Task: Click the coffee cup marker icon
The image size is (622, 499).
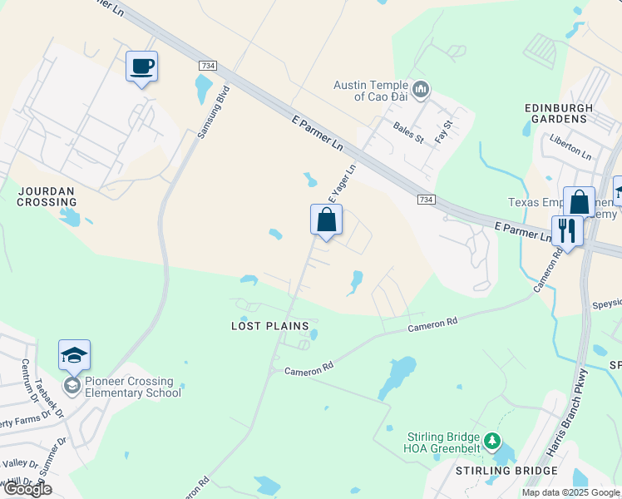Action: click(141, 66)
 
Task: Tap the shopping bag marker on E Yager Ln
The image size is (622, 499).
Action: click(326, 220)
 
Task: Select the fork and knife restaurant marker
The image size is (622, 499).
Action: click(566, 230)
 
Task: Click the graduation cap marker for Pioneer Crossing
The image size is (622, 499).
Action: click(74, 355)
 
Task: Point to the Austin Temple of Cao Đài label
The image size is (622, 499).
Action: click(371, 91)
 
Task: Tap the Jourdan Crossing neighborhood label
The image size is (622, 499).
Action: click(47, 196)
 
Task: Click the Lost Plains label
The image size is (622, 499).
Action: click(269, 326)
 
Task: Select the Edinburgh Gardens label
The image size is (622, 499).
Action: click(559, 113)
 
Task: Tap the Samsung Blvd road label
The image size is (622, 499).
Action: click(213, 111)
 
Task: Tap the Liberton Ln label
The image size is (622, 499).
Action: click(570, 150)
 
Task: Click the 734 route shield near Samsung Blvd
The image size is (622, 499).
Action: click(207, 65)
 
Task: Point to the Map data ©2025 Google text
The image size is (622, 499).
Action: click(570, 492)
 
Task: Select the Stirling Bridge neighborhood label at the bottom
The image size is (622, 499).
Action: click(495, 471)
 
